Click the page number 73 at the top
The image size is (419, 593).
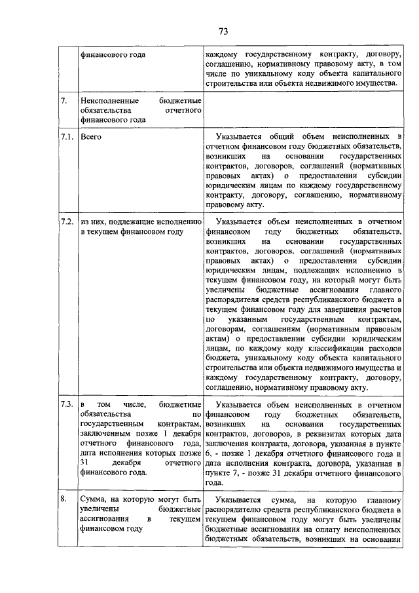(223, 31)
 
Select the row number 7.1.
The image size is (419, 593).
(64, 137)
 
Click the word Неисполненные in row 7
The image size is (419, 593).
(106, 101)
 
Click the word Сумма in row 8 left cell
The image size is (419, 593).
(93, 499)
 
